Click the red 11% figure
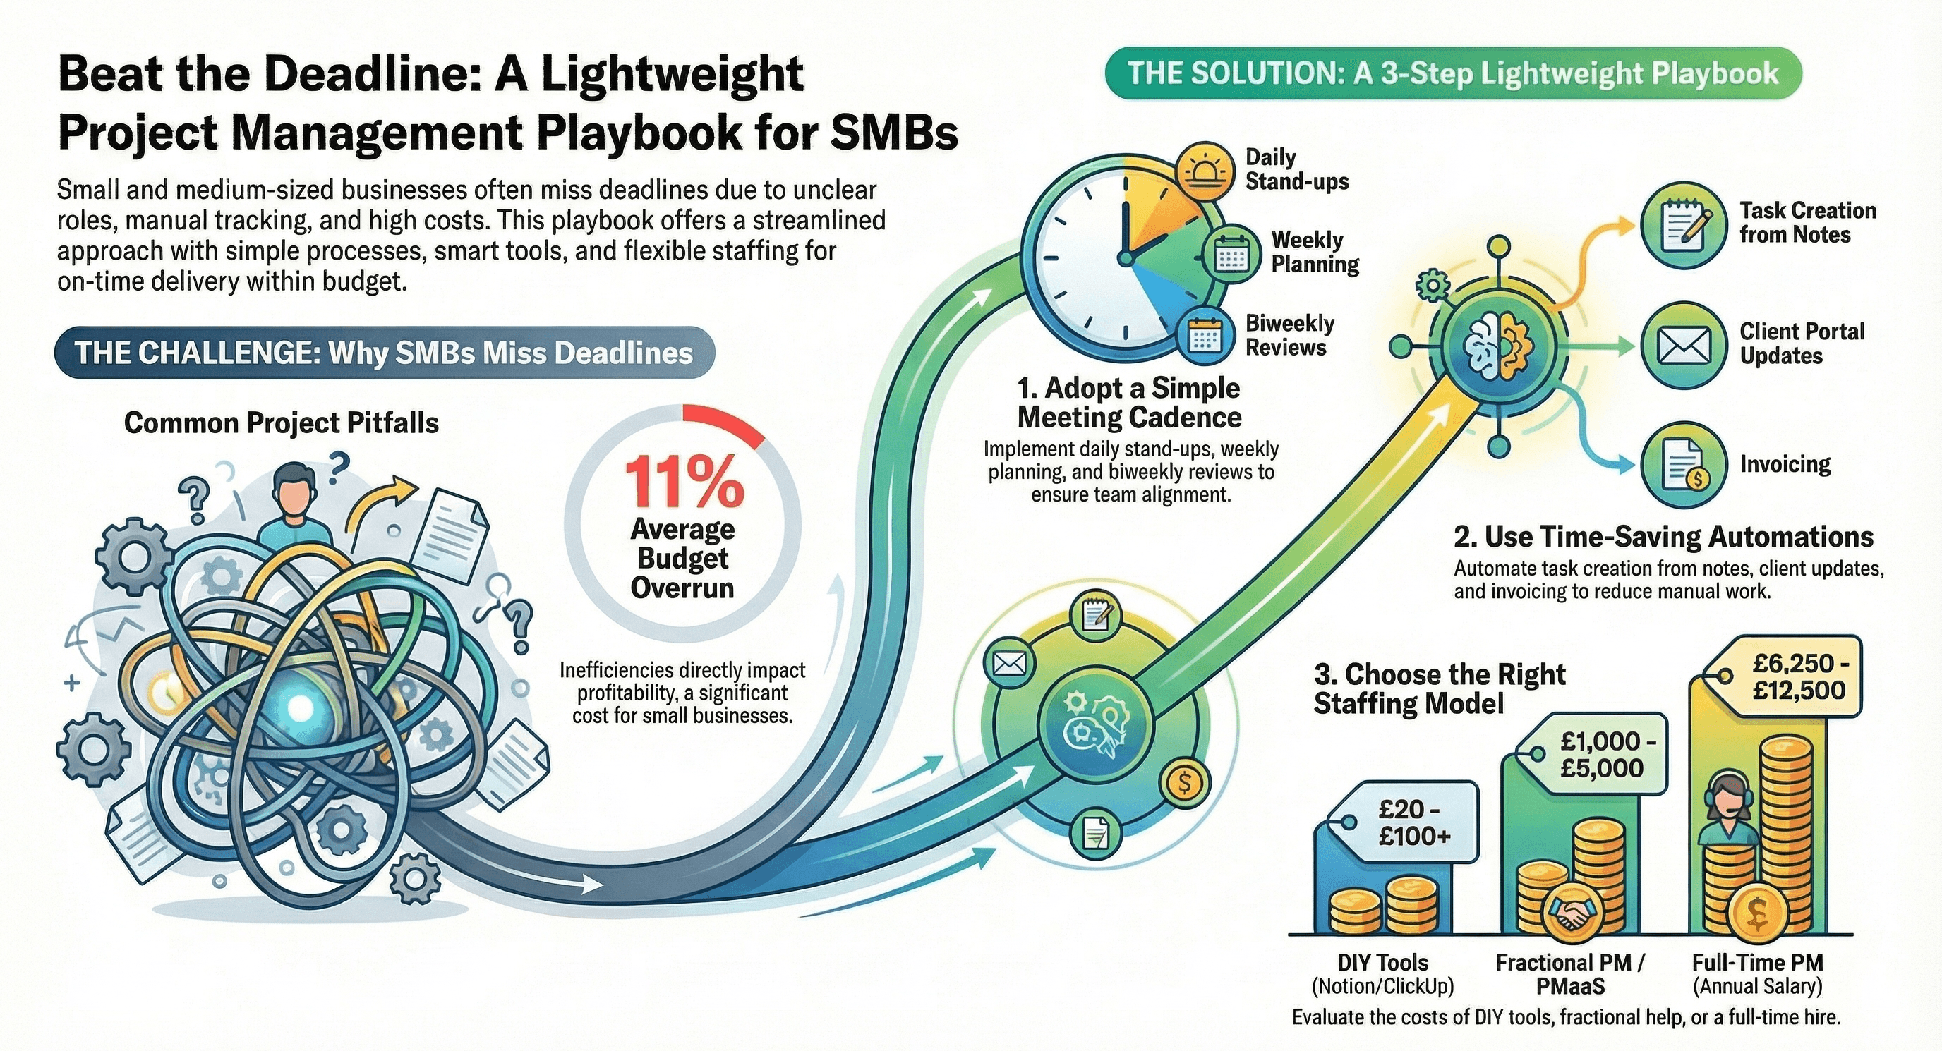[x=684, y=482]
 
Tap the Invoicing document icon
[x=1684, y=465]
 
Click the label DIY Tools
[x=1382, y=962]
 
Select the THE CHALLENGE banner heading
[x=384, y=353]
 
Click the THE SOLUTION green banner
[x=1453, y=74]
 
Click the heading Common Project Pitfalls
[x=281, y=423]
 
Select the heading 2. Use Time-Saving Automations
[x=1663, y=536]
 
